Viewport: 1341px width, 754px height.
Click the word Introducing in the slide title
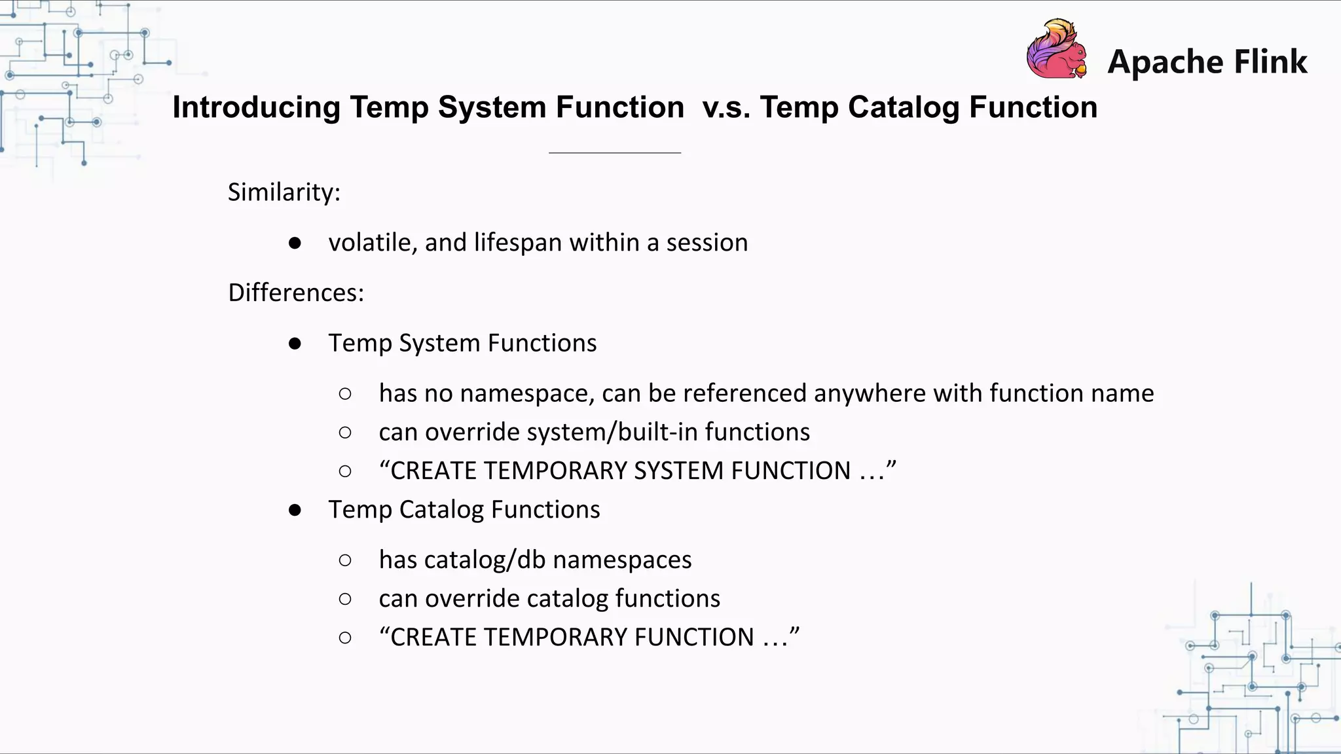click(256, 107)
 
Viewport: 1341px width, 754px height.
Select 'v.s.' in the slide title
click(726, 107)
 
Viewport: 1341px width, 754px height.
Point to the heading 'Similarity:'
click(284, 192)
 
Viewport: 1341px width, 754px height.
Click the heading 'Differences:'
click(295, 293)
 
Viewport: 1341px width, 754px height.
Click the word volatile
click(369, 243)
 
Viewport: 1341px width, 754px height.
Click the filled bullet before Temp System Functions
click(295, 344)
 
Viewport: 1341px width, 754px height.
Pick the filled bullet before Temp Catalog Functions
click(295, 510)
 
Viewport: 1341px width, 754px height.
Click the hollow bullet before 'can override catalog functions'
click(345, 599)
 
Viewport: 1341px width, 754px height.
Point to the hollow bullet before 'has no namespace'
click(345, 393)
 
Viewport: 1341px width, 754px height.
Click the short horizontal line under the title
click(615, 153)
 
